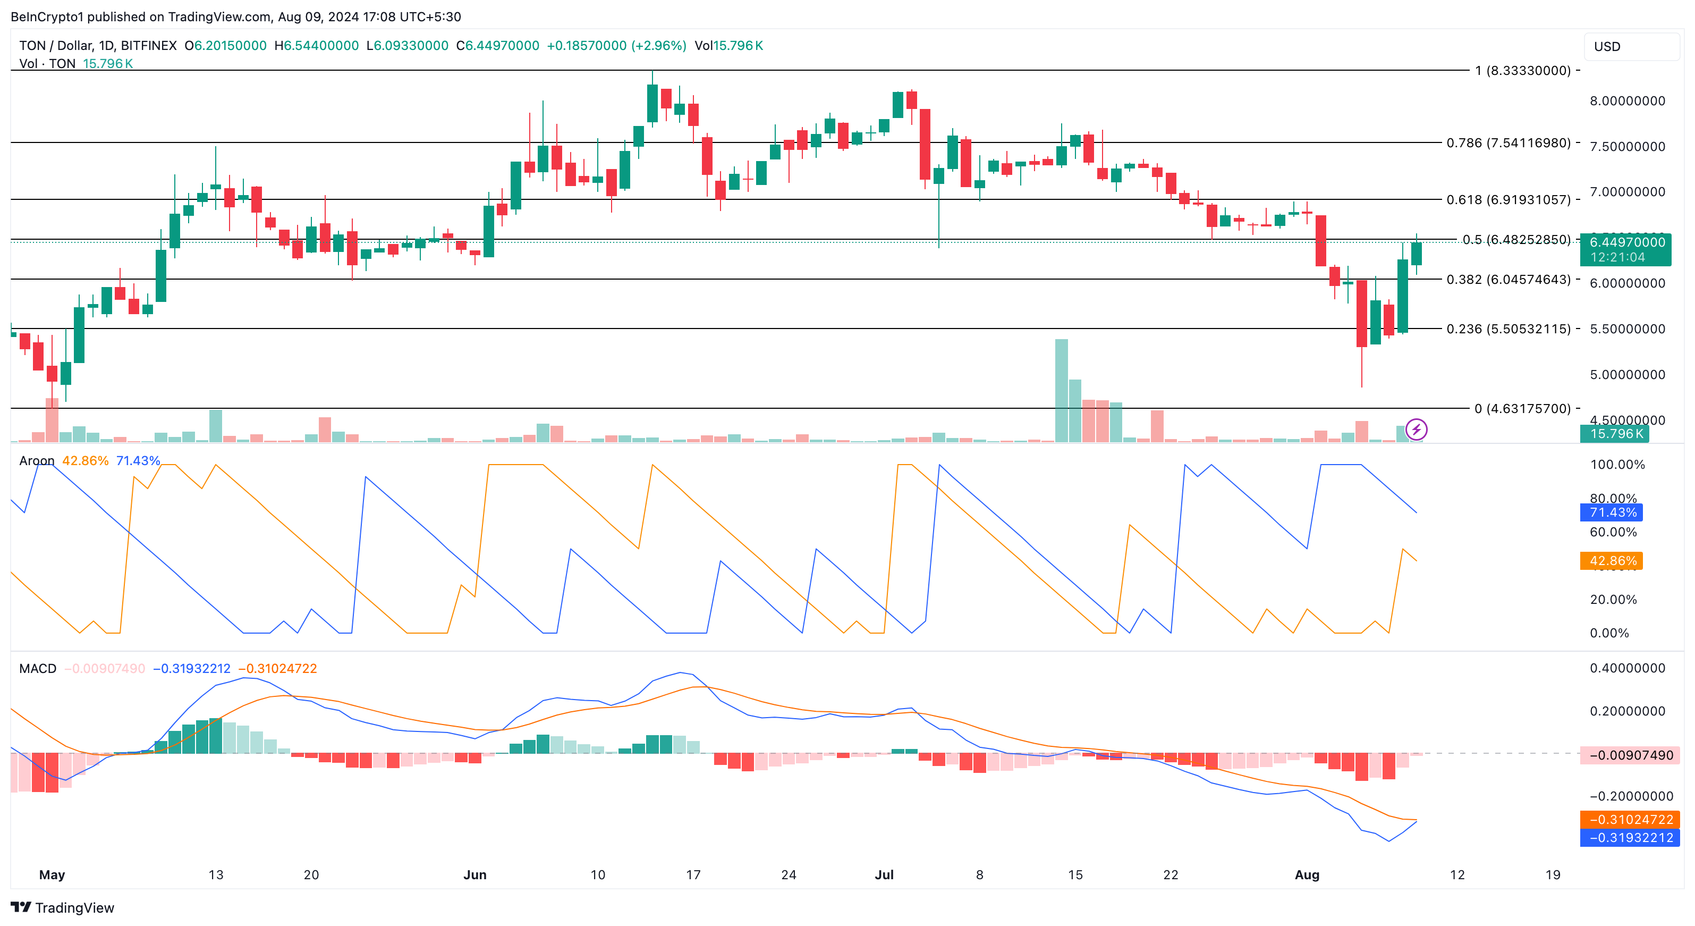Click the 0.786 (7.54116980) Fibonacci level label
pos(1508,143)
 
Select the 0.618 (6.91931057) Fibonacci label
pos(1508,199)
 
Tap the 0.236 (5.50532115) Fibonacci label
pos(1508,329)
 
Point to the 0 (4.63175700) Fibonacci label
pos(1522,409)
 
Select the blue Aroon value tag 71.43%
pos(1612,512)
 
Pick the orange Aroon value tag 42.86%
pos(1612,561)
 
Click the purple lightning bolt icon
pos(1416,430)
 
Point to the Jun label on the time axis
pos(474,874)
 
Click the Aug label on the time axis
pos(1307,874)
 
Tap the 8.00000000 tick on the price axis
pos(1627,100)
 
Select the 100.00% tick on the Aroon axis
pos(1617,465)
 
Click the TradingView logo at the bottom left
pos(63,907)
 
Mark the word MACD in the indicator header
pos(38,669)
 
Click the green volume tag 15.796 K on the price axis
pos(1616,434)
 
